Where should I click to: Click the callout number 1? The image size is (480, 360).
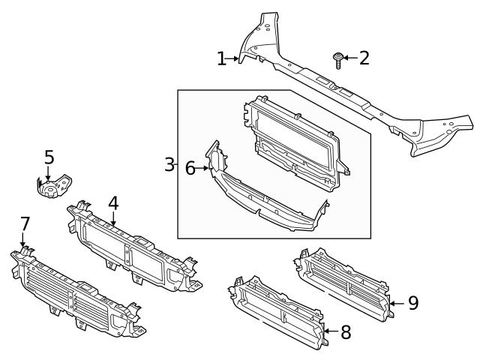tap(221, 58)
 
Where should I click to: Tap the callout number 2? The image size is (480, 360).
tap(364, 58)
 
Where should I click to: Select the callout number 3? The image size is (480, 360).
tap(169, 164)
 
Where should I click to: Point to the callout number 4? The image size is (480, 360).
tap(112, 203)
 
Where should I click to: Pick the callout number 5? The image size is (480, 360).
tap(49, 157)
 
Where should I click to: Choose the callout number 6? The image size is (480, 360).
tap(190, 169)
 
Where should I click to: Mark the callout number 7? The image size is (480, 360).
tap(25, 223)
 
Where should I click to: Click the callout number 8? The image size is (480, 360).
tap(346, 331)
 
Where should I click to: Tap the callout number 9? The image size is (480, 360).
tap(412, 302)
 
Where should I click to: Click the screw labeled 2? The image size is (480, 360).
tap(338, 59)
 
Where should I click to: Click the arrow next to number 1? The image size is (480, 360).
tap(234, 58)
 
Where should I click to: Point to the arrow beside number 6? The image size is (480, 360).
tap(203, 169)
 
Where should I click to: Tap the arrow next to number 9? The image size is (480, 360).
tap(395, 302)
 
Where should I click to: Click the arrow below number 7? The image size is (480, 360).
tap(24, 241)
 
